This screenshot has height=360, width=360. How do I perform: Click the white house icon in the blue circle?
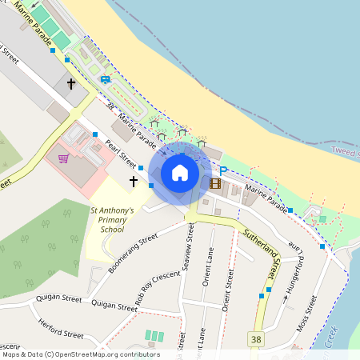pos(180,173)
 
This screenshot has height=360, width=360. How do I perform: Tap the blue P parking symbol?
pos(223,170)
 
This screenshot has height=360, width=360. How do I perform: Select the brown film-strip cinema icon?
pos(214,183)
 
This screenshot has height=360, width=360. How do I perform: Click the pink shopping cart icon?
pos(63,158)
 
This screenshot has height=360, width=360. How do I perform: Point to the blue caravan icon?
pos(106,79)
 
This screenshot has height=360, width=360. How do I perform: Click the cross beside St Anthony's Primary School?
pos(134,182)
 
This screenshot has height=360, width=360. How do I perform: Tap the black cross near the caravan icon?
pos(70,82)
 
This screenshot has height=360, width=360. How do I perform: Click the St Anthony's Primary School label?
pos(111,219)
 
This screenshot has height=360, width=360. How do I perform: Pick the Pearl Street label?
pos(122,152)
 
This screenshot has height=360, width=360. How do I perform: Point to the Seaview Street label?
pos(190,248)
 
